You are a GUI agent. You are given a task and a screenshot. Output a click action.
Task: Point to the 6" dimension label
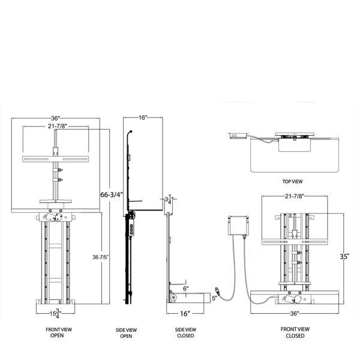click(x=187, y=288)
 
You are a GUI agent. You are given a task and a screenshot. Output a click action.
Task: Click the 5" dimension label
click(x=214, y=298)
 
